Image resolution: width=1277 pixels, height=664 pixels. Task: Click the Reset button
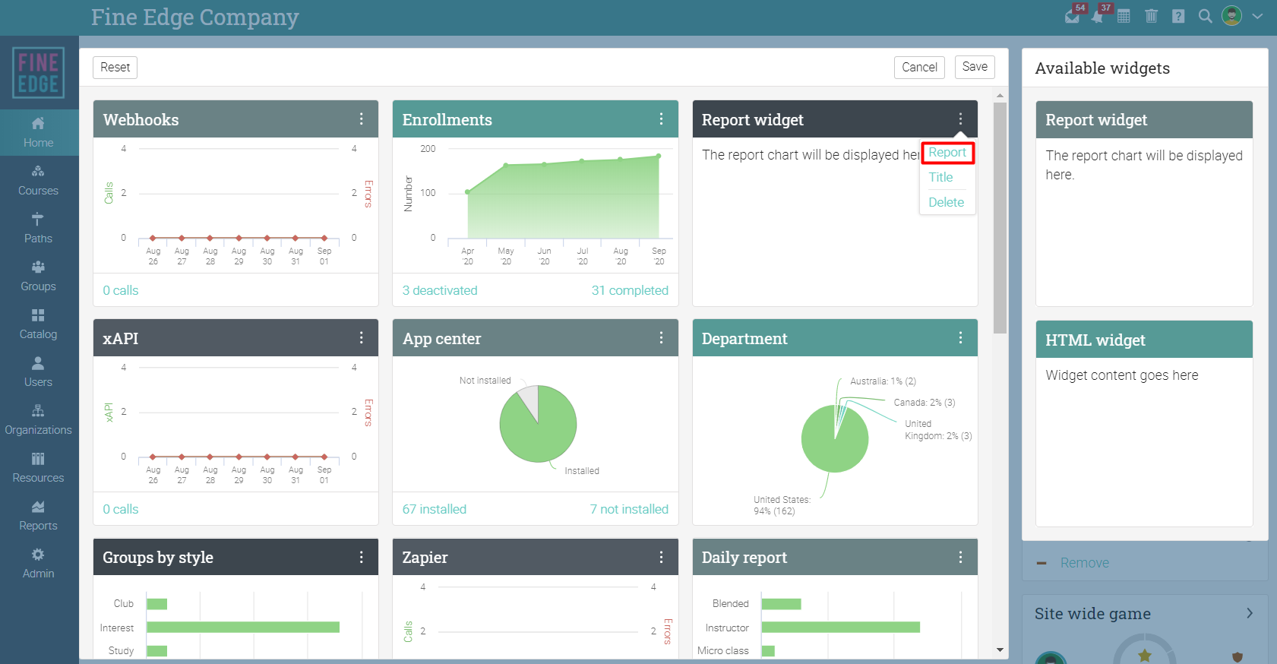coord(115,67)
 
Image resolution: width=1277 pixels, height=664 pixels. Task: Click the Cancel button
coord(919,67)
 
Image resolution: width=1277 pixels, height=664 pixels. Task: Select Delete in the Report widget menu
coord(946,202)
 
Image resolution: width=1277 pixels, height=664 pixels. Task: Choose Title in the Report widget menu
coord(940,177)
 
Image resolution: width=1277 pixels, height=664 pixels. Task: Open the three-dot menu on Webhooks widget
coord(361,119)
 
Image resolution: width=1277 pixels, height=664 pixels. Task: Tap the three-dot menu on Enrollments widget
coord(661,119)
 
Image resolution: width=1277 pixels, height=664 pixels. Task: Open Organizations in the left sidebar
coord(38,420)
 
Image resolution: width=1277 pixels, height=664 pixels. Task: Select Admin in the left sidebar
coord(38,564)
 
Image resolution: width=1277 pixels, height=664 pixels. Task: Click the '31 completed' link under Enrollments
coord(630,290)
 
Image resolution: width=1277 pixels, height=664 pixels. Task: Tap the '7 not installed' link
coord(629,509)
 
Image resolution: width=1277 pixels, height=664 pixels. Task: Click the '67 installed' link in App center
coord(435,509)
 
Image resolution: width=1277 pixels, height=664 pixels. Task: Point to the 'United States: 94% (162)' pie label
coord(781,505)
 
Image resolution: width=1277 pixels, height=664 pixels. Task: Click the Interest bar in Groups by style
coord(243,628)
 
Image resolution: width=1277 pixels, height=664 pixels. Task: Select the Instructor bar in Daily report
coord(840,628)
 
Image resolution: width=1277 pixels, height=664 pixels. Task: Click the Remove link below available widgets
coord(1084,563)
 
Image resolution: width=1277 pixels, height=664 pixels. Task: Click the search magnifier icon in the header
coord(1205,16)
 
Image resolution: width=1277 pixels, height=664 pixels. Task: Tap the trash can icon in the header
coord(1151,16)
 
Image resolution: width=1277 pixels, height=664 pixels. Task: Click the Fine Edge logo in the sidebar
coord(38,73)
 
